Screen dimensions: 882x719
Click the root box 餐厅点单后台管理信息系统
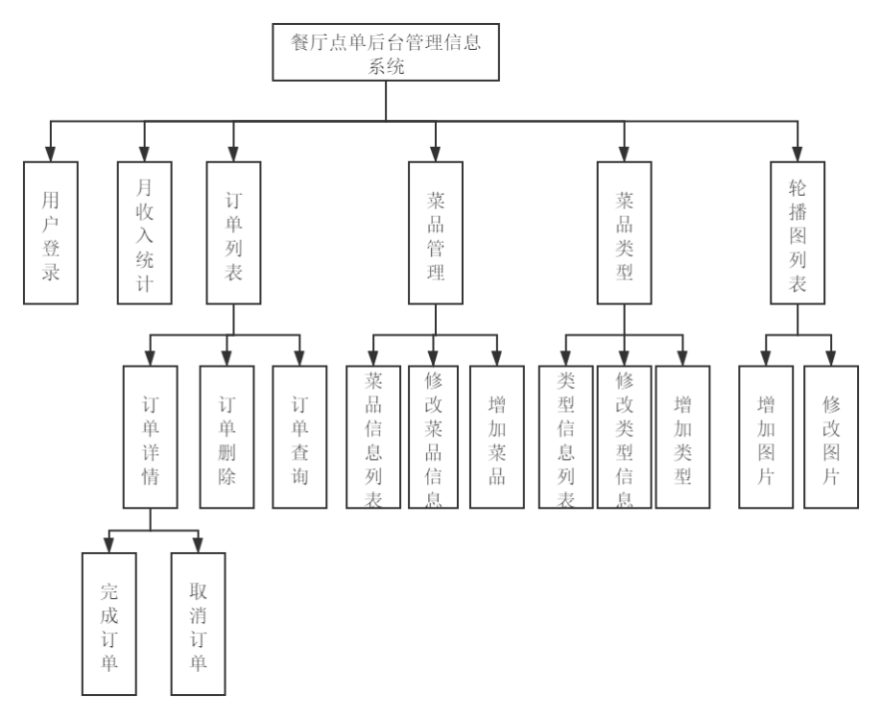pyautogui.click(x=386, y=53)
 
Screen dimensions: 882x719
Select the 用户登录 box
pyautogui.click(x=51, y=233)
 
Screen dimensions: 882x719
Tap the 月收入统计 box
pyautogui.click(x=144, y=233)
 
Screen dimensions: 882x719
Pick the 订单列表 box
pyautogui.click(x=234, y=233)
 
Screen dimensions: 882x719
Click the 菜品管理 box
pyautogui.click(x=436, y=233)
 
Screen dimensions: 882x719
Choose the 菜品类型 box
pyautogui.click(x=625, y=233)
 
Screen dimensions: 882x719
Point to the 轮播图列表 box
pyautogui.click(x=798, y=233)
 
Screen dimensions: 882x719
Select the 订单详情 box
pyautogui.click(x=151, y=436)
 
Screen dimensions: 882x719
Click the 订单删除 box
pyautogui.click(x=226, y=436)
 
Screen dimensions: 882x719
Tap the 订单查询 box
pyautogui.click(x=299, y=436)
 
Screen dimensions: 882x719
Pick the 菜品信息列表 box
pyautogui.click(x=373, y=436)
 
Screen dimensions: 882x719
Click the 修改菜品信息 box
pyautogui.click(x=434, y=436)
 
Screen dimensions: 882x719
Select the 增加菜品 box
pyautogui.click(x=497, y=436)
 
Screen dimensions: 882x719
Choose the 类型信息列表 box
pyautogui.click(x=566, y=436)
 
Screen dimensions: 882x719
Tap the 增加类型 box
pyautogui.click(x=683, y=436)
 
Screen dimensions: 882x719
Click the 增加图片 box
pyautogui.click(x=766, y=436)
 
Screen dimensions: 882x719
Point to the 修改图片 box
pyautogui.click(x=831, y=436)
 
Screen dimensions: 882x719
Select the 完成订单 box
pyautogui.click(x=110, y=623)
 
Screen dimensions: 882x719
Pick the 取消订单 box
pyautogui.click(x=198, y=623)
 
